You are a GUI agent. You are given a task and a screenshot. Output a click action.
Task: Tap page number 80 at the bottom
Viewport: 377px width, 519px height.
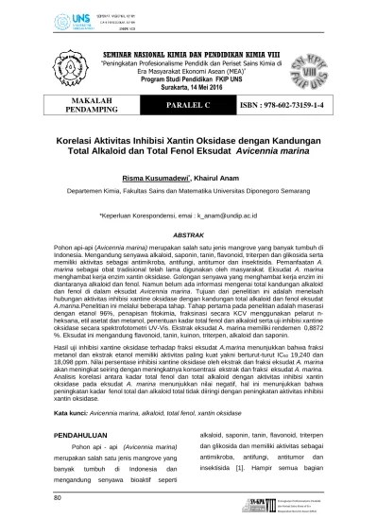click(x=59, y=495)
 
